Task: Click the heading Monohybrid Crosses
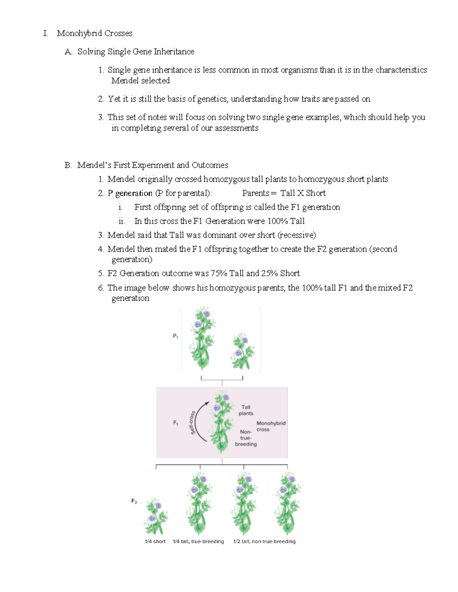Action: (94, 34)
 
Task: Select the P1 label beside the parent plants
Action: (176, 336)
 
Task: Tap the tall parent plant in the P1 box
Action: (202, 339)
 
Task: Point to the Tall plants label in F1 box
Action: (246, 410)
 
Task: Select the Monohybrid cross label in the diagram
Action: (271, 426)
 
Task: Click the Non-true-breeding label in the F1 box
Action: (246, 438)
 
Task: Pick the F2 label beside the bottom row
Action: (134, 501)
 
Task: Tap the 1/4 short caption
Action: (155, 541)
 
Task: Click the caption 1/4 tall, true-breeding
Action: (198, 541)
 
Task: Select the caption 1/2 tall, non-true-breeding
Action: (264, 541)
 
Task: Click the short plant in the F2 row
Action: (155, 517)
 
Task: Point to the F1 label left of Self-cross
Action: (176, 423)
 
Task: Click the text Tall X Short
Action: (303, 193)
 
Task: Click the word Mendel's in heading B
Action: (94, 165)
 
